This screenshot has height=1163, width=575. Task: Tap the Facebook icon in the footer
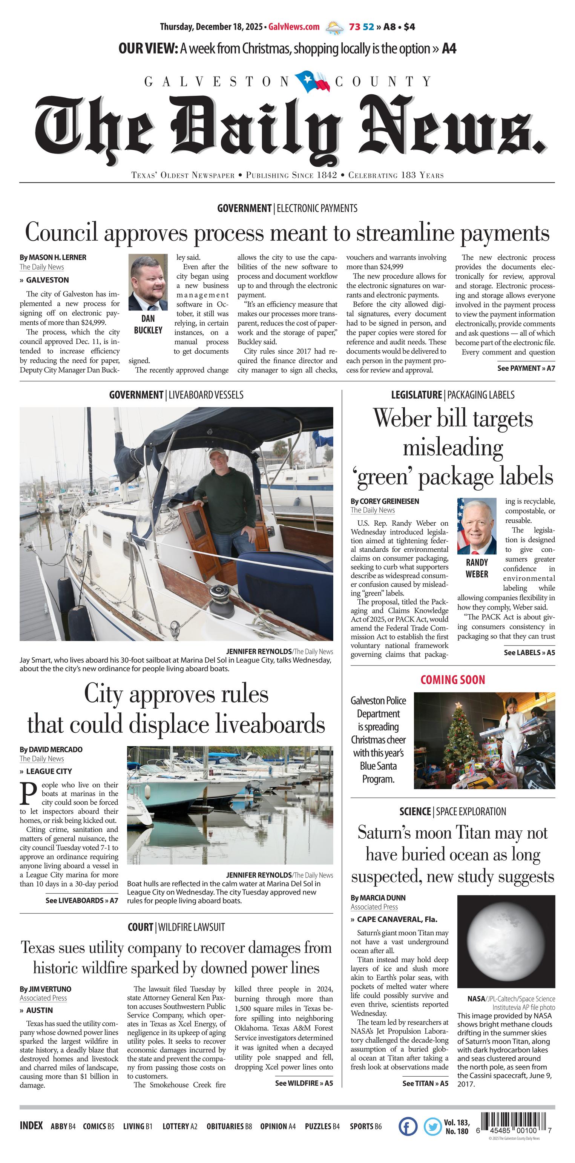pos(408,1126)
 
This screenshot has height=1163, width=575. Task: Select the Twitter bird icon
pos(432,1126)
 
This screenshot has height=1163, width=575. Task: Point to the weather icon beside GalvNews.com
pos(334,27)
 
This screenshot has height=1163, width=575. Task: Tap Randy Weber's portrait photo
pos(477,526)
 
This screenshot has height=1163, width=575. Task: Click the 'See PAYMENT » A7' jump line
pos(526,368)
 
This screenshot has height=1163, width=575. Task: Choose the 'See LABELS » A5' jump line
pos(529,652)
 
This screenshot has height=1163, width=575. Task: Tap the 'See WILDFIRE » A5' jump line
pos(304,1083)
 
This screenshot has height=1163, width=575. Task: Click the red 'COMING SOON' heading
pos(453,680)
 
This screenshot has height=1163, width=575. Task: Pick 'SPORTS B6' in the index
pos(366,1126)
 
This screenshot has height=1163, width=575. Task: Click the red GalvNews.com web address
pos(294,27)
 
